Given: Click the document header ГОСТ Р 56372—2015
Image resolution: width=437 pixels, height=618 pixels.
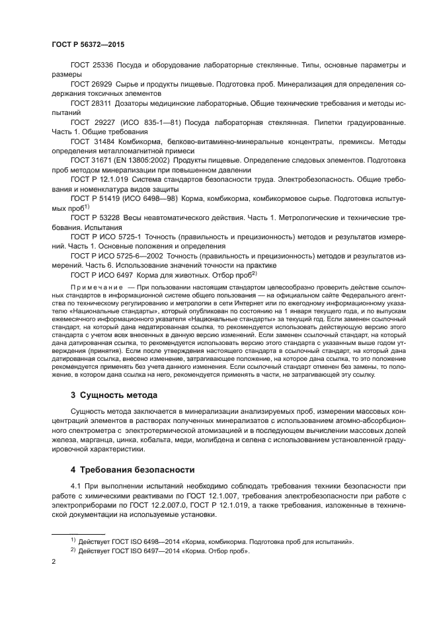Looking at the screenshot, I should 87,44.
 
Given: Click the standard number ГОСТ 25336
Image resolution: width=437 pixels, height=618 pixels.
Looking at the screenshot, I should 92,66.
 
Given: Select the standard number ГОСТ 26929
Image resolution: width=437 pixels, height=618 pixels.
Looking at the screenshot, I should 92,85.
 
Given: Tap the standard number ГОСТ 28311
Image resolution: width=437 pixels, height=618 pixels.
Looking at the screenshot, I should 92,104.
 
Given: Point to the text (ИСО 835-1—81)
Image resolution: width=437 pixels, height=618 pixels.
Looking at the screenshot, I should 151,123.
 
